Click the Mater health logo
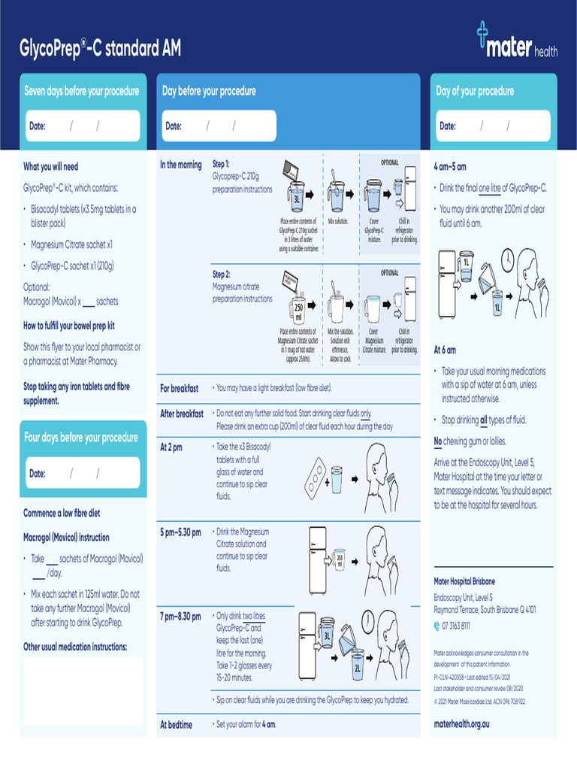coord(516,42)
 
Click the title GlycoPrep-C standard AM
coord(100,50)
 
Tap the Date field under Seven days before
coord(82,126)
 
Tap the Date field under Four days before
coord(82,474)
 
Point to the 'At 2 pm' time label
coord(171,447)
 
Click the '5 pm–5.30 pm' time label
coord(180,532)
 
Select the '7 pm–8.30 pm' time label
coord(180,617)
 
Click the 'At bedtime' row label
coord(176,725)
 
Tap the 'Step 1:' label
coord(222,164)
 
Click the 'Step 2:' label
coord(222,274)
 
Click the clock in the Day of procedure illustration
coord(508,259)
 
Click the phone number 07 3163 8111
coord(456,626)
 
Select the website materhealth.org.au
coord(461,723)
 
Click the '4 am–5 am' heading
coord(450,166)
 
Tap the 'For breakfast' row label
coord(180,389)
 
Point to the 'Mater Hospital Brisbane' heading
coord(464,581)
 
